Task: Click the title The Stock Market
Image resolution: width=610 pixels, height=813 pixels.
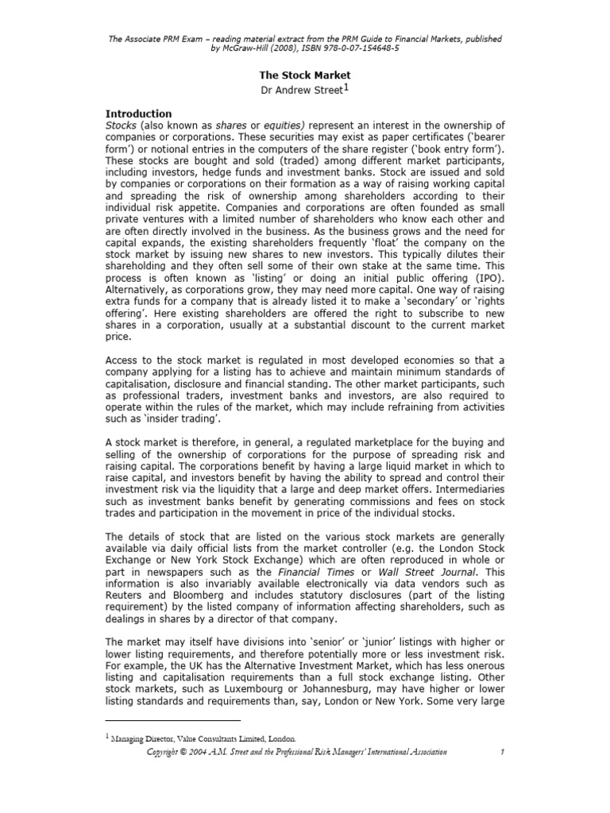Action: (305, 75)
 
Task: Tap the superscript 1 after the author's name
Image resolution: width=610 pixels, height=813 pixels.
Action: (346, 87)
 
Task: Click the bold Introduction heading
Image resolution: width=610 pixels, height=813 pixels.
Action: (138, 114)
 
